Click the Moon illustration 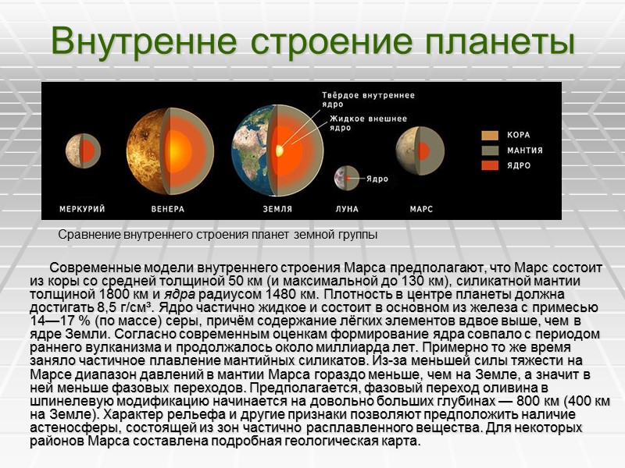point(346,179)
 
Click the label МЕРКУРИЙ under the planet point(82,209)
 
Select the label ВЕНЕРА point(167,209)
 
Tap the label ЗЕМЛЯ point(277,209)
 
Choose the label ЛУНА point(347,209)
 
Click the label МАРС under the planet point(421,209)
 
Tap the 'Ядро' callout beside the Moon point(377,179)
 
